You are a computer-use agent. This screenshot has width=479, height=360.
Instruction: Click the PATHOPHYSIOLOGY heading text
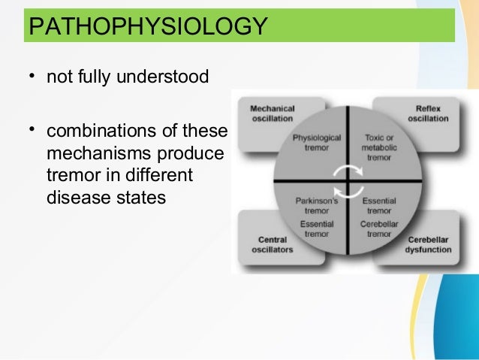(x=146, y=27)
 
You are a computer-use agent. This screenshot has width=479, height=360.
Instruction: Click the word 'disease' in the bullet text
(x=73, y=198)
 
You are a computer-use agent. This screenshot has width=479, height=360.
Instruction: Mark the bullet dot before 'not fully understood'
(x=32, y=76)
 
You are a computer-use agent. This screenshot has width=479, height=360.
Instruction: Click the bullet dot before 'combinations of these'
(x=32, y=130)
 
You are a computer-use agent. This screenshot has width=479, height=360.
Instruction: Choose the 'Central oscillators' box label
(x=270, y=245)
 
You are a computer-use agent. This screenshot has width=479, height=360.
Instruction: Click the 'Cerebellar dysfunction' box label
(x=429, y=245)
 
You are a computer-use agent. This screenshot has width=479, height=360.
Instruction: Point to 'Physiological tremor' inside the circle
(x=317, y=143)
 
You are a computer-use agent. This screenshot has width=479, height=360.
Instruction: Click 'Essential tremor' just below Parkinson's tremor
(x=317, y=229)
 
